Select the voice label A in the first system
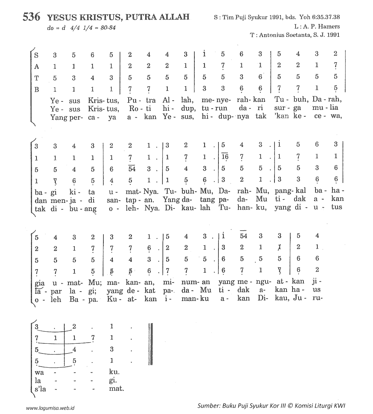[x=36, y=66]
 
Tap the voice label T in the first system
[x=36, y=77]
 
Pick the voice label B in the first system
[x=36, y=89]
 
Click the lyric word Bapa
[x=88, y=299]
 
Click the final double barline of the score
[x=150, y=343]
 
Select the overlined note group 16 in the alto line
[x=225, y=156]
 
